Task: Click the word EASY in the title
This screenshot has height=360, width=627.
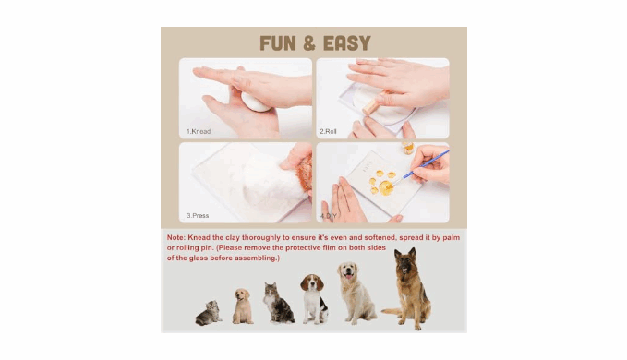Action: coord(346,43)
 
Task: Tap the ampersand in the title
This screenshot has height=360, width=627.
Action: coord(309,43)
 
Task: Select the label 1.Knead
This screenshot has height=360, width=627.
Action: coord(199,131)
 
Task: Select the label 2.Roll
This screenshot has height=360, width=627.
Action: coord(328,131)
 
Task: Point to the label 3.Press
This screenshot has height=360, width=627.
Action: coord(198,215)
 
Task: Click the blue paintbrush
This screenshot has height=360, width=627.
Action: coord(426,163)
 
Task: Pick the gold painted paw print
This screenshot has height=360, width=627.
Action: coord(382,183)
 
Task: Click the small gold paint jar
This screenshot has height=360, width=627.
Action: coord(408,148)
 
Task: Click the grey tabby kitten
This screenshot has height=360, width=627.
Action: coord(209,312)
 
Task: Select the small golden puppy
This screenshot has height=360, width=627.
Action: coord(243,306)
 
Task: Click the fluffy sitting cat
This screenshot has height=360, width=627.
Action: coord(278,303)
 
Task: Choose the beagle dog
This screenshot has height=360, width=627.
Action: coord(314,299)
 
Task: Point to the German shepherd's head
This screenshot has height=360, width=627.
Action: coord(405,261)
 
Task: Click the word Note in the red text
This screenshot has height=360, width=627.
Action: coord(176,237)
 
